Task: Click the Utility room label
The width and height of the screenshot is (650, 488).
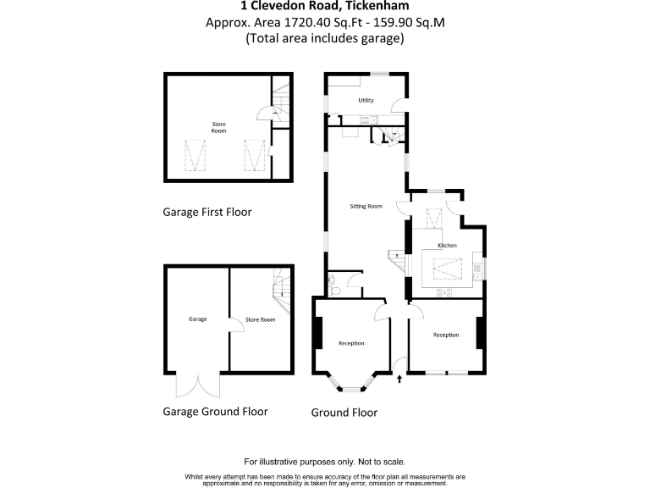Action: tap(366, 101)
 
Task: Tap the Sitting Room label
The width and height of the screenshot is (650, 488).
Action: tap(366, 206)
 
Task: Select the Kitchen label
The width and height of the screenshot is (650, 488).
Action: tap(447, 246)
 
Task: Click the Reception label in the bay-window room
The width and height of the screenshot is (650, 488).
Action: tap(351, 343)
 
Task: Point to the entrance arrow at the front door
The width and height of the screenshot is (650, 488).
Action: tap(399, 379)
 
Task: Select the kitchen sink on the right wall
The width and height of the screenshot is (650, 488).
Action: tap(478, 269)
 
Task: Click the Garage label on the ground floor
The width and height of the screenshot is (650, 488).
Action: tap(197, 319)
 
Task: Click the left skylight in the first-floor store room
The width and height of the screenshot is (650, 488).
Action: tap(196, 155)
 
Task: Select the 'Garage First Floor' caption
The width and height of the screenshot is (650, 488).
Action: tap(207, 212)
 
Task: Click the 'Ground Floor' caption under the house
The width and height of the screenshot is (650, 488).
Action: tap(344, 413)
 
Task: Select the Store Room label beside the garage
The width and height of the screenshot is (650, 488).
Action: tap(261, 319)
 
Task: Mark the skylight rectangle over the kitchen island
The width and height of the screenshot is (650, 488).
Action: tap(443, 270)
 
